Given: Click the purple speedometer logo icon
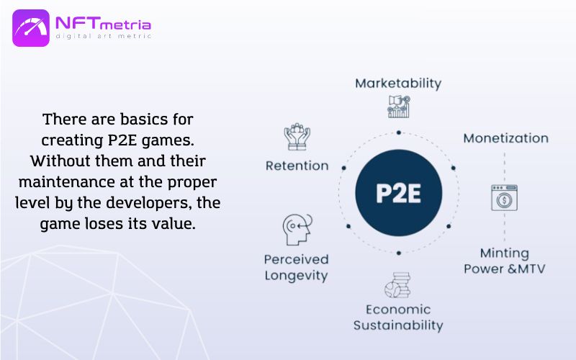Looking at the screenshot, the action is pos(31,28).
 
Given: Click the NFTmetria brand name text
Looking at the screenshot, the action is pos(103,24).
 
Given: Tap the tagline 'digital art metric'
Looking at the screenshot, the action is pos(103,36).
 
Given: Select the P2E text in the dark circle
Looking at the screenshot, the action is pos(399,193).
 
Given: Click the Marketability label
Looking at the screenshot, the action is pos(398,84).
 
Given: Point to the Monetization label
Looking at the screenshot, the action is pos(506,138).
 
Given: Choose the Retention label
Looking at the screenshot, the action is pos(297,166).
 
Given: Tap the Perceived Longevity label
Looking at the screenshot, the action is pos(296,267).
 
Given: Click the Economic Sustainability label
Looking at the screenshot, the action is pos(398,318).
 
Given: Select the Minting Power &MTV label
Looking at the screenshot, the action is pos(505,261).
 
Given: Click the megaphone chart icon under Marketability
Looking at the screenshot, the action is pos(399,107).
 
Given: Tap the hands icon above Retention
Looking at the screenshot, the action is pos(297,137).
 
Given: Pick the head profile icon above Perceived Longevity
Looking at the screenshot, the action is pos(297,230).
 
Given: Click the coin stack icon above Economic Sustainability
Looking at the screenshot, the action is pos(397,285).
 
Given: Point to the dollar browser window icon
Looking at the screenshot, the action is pos(505,197).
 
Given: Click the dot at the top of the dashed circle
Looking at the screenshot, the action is pos(399,132).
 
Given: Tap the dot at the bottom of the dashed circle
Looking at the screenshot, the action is pos(399,253).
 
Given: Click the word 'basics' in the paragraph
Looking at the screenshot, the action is pos(143,120).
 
